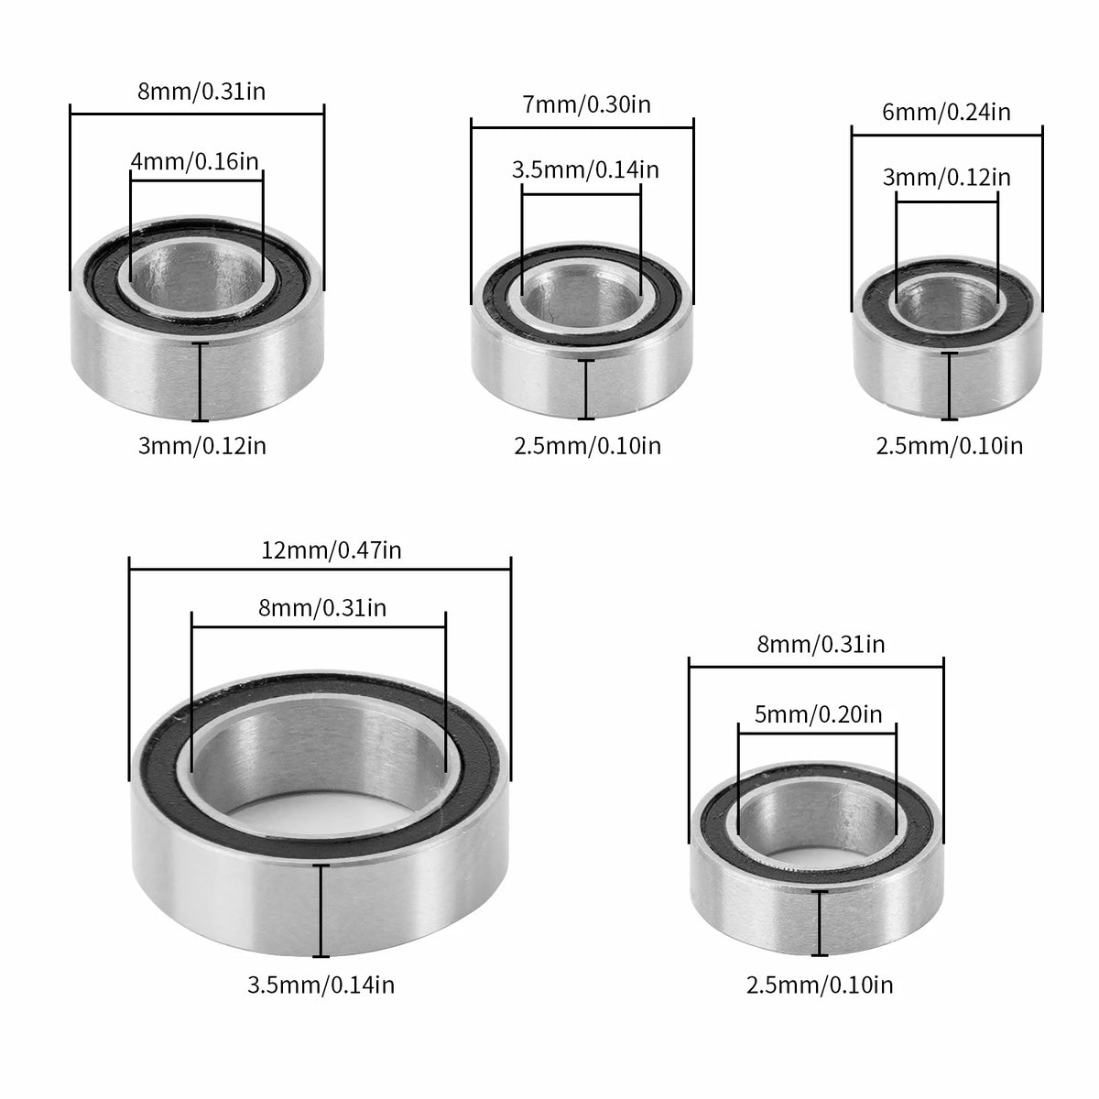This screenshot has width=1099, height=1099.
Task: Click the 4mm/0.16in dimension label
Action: (x=195, y=162)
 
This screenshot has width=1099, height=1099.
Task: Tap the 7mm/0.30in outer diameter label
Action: (x=586, y=105)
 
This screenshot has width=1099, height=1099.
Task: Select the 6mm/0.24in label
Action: (x=946, y=113)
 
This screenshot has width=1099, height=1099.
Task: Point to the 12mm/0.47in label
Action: (x=332, y=550)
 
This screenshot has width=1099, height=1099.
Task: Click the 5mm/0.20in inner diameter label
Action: (x=818, y=714)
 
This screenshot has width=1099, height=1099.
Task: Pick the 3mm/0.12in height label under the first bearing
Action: (x=202, y=445)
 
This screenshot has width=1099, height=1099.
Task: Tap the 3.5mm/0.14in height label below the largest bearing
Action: (x=321, y=985)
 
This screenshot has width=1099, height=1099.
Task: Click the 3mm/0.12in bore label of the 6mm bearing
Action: (x=947, y=178)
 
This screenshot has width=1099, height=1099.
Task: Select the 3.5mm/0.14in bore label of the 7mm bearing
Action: (x=585, y=170)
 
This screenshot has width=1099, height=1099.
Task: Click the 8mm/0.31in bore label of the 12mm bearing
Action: (x=322, y=608)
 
